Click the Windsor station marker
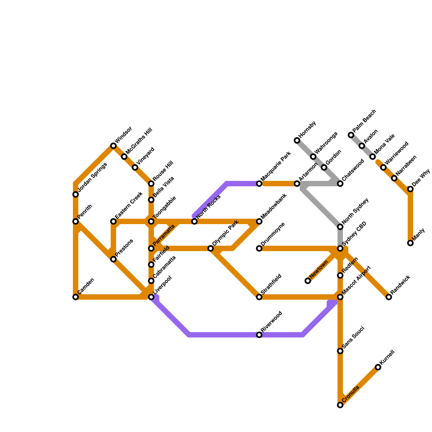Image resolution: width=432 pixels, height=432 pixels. [113, 146]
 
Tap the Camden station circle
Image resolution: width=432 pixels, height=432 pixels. [76, 297]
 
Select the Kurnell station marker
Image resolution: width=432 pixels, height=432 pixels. [378, 367]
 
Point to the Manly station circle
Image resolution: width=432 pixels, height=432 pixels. [410, 243]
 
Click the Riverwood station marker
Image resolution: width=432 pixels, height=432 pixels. [259, 335]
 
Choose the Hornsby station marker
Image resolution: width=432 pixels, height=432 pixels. [297, 140]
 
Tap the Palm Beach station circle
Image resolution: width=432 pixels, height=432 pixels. [351, 135]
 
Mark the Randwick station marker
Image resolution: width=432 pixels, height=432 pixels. [389, 297]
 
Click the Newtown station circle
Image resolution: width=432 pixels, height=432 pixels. [308, 281]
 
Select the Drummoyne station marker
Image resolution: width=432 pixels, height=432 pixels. [259, 248]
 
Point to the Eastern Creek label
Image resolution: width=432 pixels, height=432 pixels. [129, 206]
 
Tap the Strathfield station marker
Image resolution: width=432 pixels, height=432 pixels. [259, 297]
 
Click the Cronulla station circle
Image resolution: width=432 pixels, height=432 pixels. [340, 405]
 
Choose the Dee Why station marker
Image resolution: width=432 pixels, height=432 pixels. [410, 189]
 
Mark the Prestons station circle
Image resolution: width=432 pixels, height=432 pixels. [113, 259]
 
